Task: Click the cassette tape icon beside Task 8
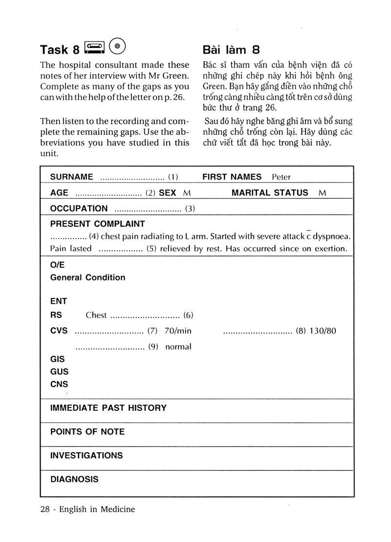95,48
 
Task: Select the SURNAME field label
71,177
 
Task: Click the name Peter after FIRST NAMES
281,177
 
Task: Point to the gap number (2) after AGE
150,193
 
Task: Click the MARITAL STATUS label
270,193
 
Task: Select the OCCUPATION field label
79,209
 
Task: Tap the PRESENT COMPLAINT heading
97,224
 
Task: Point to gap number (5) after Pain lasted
151,248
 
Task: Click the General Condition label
87,278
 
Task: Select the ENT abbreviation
58,301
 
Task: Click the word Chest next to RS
96,315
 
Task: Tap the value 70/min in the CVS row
178,331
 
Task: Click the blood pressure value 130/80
323,331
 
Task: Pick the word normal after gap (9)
178,347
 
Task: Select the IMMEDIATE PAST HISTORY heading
108,408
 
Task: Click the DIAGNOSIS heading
74,479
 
